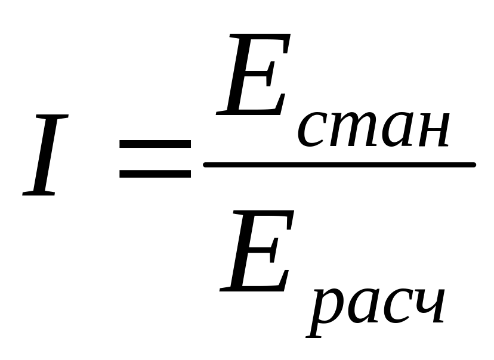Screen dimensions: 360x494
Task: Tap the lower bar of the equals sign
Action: click(x=155, y=175)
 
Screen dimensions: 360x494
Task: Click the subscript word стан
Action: click(x=373, y=128)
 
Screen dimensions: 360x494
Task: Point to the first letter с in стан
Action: click(x=311, y=129)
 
